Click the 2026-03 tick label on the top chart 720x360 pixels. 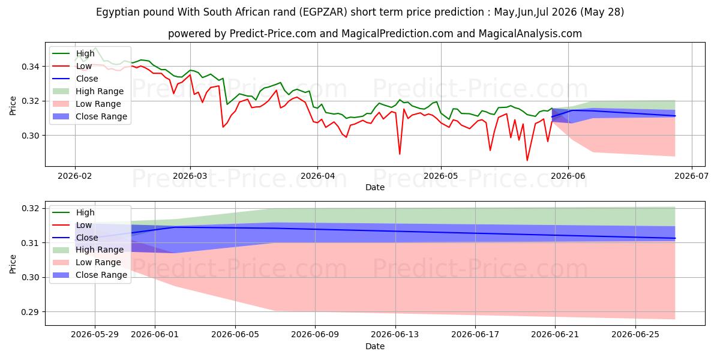190,176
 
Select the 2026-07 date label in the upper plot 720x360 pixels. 691,176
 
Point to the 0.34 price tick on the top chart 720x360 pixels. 30,67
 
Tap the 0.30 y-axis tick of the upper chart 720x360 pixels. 30,136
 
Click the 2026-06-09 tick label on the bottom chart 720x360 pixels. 315,335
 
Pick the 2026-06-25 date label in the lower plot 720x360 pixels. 635,335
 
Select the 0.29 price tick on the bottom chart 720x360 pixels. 30,312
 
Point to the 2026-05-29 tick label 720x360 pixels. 95,335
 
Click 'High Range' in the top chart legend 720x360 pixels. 100,91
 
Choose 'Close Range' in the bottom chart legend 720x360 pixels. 101,275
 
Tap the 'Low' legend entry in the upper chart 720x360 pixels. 84,66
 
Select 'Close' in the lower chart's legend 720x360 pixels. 87,238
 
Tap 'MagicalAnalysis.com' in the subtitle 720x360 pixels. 530,34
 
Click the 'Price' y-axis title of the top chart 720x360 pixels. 13,106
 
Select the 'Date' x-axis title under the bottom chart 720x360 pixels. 375,346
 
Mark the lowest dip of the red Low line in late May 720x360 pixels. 527,160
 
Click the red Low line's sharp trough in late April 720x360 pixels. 400,154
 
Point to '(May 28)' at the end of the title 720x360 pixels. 602,12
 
